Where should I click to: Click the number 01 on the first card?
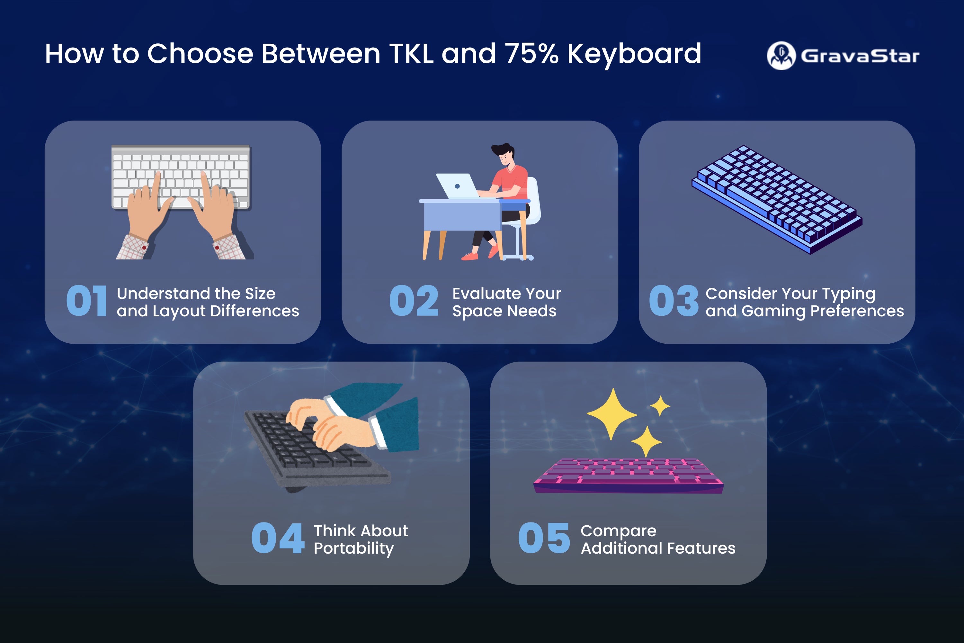point(87,301)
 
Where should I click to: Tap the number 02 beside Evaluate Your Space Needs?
point(414,301)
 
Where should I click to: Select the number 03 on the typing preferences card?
point(674,301)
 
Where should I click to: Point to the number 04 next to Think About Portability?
point(278,538)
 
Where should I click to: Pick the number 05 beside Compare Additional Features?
point(544,538)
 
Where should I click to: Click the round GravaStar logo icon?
point(781,56)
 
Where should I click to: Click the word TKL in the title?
point(411,54)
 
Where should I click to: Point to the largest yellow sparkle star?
point(612,414)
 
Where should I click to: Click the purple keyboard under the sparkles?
point(628,476)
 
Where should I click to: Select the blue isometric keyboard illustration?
point(777,199)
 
